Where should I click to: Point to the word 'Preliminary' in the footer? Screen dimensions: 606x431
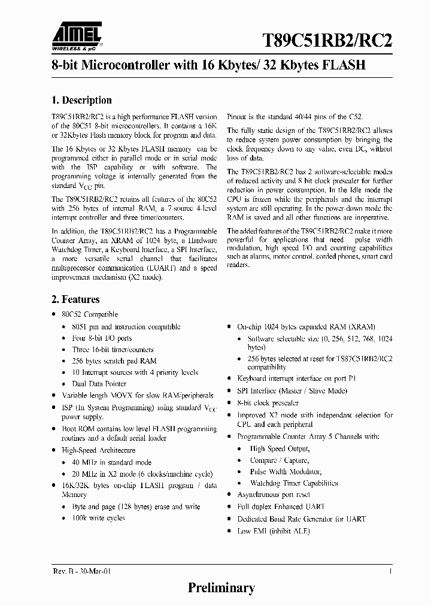click(x=221, y=588)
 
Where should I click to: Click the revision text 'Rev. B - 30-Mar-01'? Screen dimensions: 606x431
click(x=78, y=572)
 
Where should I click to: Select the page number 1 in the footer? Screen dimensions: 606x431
click(x=390, y=572)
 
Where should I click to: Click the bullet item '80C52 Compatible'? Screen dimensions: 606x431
click(x=90, y=314)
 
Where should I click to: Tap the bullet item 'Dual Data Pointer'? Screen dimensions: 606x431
click(x=99, y=384)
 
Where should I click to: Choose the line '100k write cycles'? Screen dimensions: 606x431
click(x=99, y=518)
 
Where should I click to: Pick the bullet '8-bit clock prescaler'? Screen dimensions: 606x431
click(x=268, y=403)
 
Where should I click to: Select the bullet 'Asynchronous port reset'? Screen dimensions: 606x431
click(x=274, y=495)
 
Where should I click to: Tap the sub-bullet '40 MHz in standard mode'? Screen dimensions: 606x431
click(x=112, y=462)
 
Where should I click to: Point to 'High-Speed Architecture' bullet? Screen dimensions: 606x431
click(x=99, y=450)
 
